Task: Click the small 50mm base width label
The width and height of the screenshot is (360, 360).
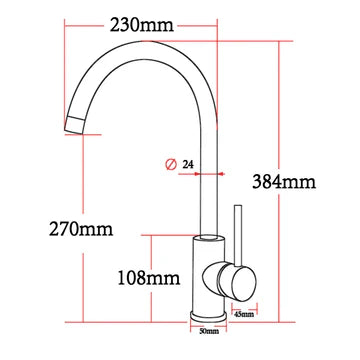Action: pos(209,330)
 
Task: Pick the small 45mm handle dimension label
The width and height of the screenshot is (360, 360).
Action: pos(243,314)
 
